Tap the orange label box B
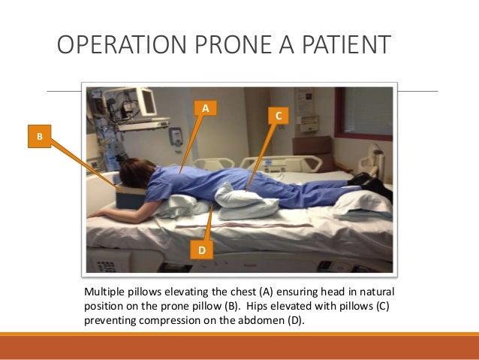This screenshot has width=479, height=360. click(39, 137)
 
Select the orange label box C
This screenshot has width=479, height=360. click(278, 116)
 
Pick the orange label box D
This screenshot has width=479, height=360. click(200, 250)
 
